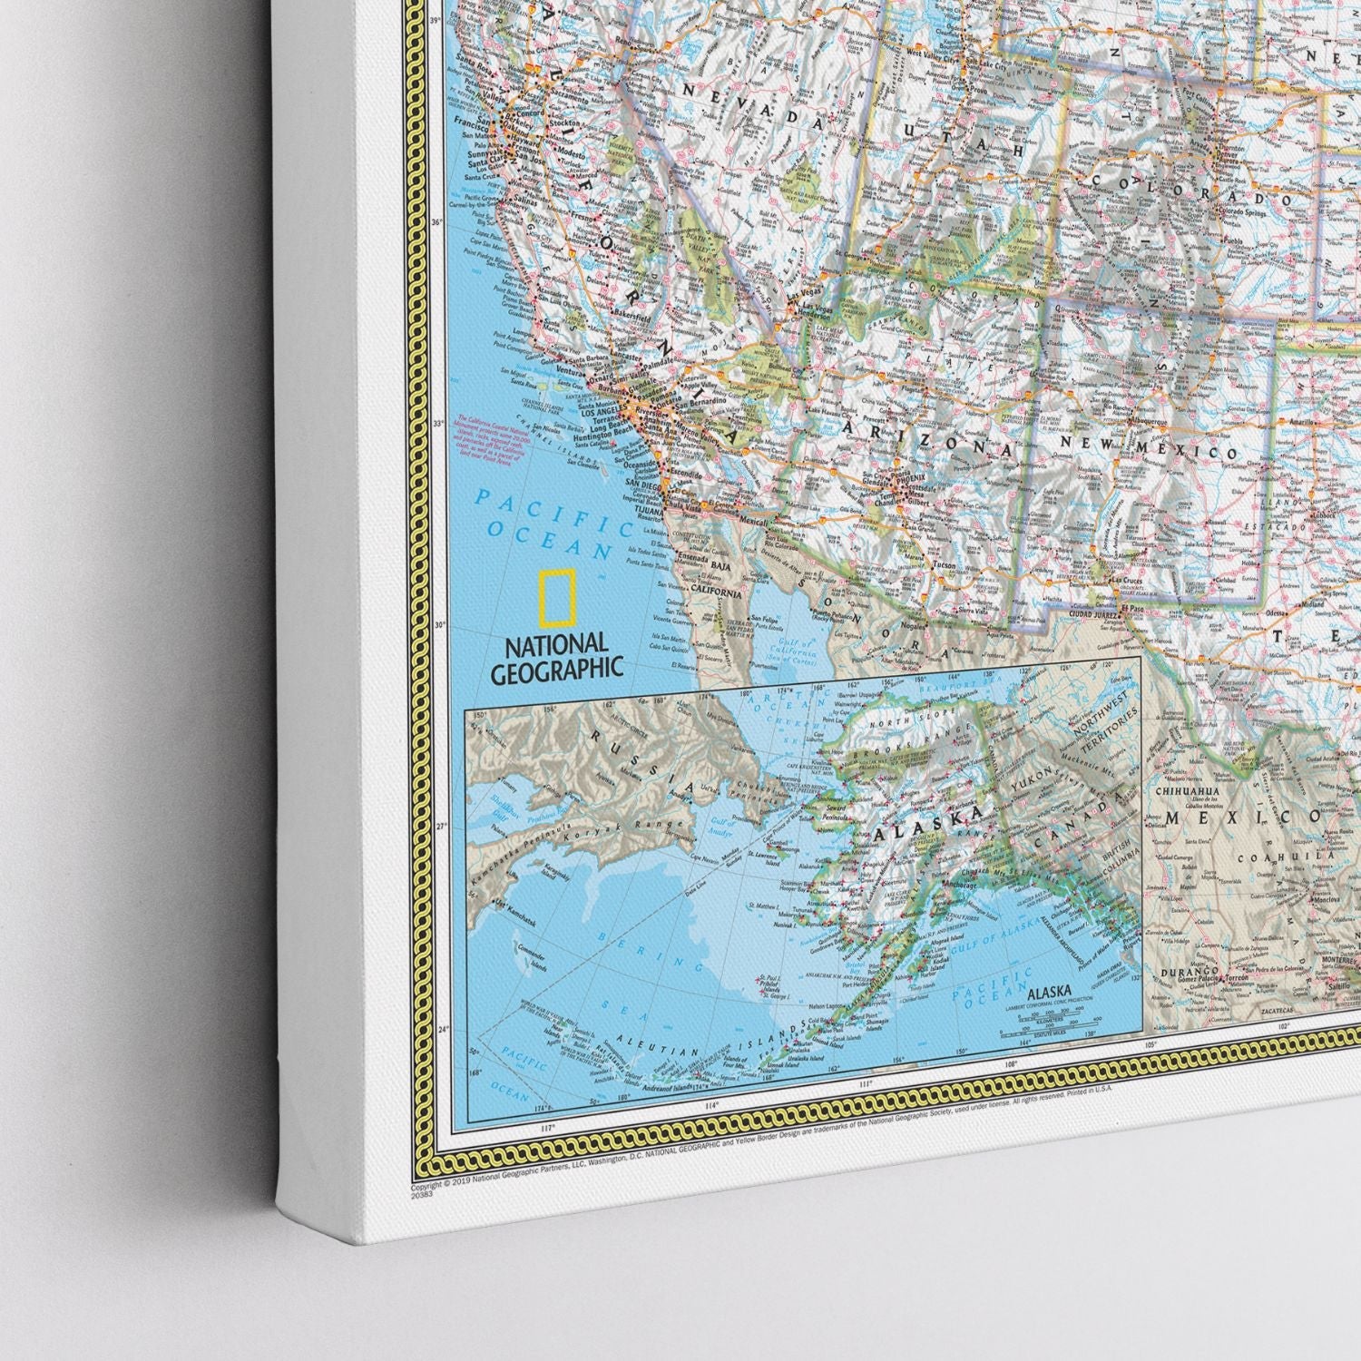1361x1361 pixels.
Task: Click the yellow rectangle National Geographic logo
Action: pyautogui.click(x=555, y=600)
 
